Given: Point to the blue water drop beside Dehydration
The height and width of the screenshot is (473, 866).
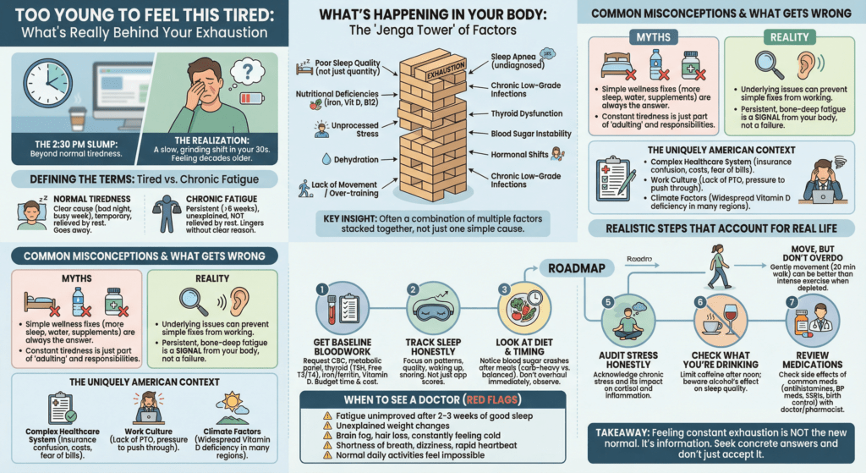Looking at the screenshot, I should click(x=326, y=159).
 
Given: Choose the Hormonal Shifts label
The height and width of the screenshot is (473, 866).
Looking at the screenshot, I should click(x=518, y=155).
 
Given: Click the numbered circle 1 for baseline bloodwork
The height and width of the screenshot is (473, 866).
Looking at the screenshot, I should click(x=321, y=289).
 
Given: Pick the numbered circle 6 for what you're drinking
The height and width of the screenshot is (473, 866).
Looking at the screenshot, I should click(x=699, y=302).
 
